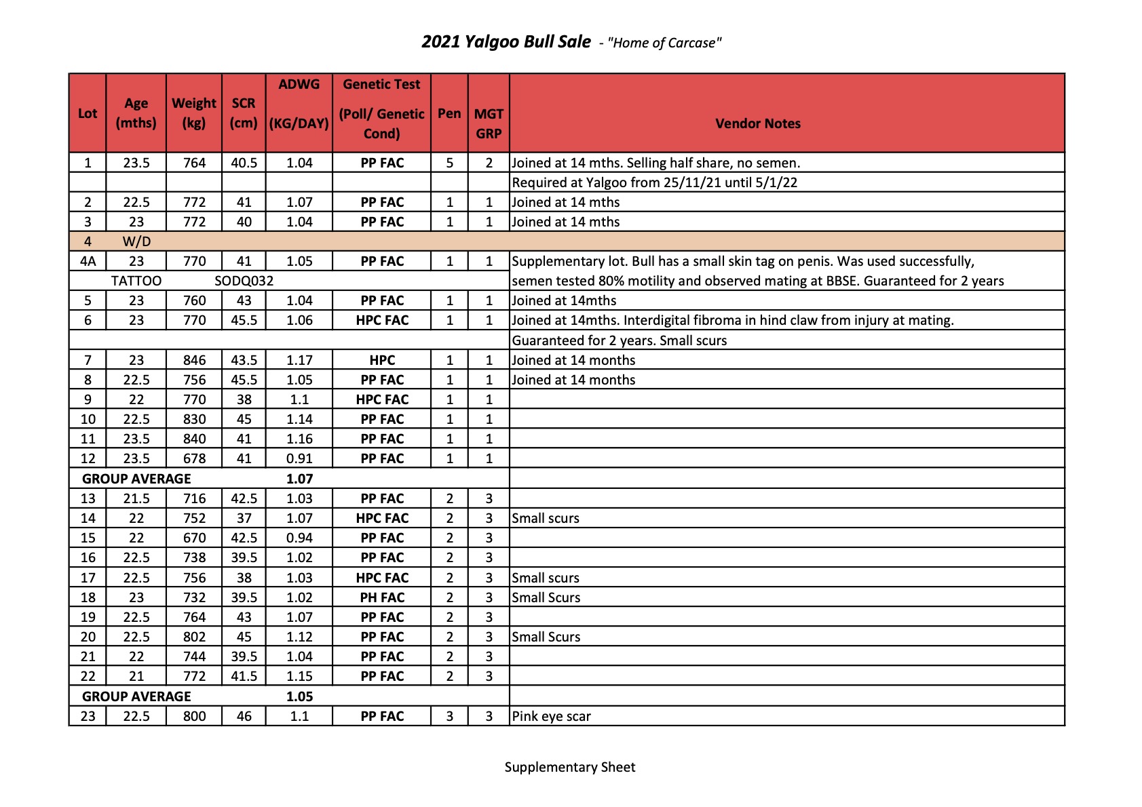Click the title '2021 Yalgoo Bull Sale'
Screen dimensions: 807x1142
click(506, 42)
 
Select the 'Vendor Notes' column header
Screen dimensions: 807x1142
click(757, 123)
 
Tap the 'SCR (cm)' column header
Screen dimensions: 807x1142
click(244, 113)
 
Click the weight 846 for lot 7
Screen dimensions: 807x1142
click(194, 360)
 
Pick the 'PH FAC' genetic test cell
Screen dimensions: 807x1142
click(382, 597)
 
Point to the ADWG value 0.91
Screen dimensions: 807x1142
click(299, 458)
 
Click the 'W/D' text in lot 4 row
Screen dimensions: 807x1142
click(136, 241)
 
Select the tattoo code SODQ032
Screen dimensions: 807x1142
click(244, 281)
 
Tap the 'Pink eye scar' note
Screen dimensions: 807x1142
click(551, 716)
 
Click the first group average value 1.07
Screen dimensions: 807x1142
click(299, 479)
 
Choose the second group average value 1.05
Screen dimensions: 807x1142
click(299, 696)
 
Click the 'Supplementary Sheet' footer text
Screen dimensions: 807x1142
click(570, 767)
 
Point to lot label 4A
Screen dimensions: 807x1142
click(88, 261)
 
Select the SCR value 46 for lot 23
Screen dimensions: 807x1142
click(244, 716)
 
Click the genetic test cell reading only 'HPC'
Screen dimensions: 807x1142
click(382, 360)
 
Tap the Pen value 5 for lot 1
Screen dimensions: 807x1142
click(449, 163)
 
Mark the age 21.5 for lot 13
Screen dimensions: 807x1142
click(136, 498)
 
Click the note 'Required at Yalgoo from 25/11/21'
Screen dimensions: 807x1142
click(654, 182)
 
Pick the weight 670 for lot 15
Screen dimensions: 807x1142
click(194, 538)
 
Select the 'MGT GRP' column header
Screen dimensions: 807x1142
click(489, 123)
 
